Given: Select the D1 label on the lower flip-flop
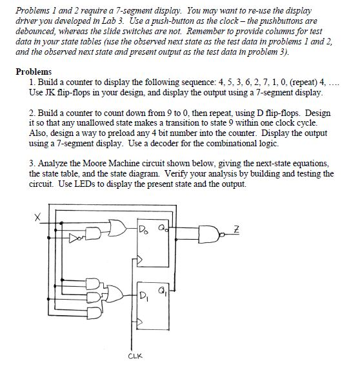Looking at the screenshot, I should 144,297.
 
